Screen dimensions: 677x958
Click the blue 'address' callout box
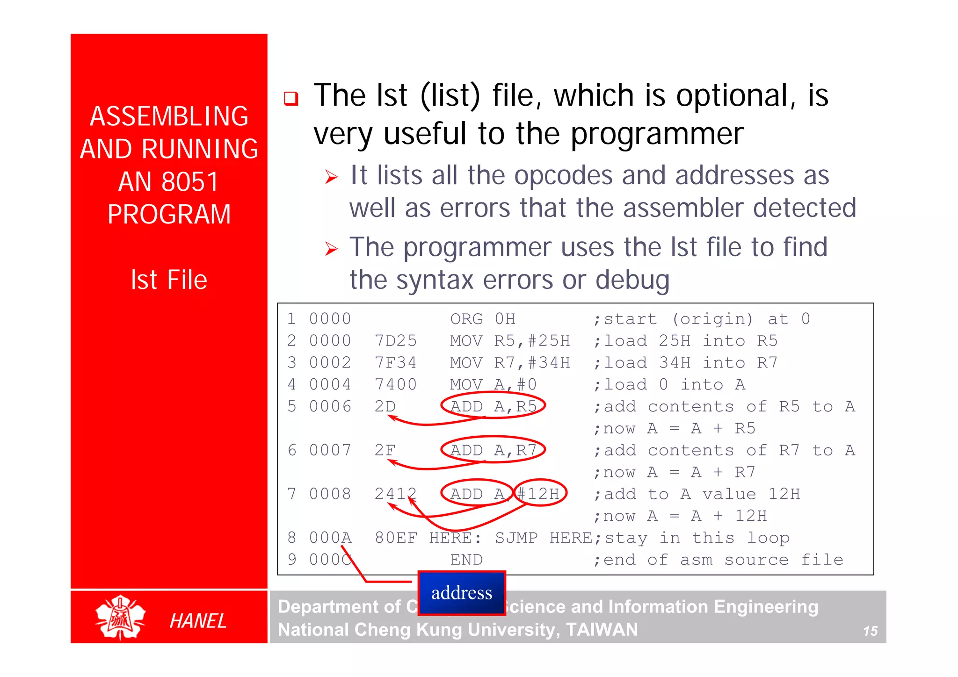click(462, 593)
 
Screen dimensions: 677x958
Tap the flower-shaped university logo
click(120, 617)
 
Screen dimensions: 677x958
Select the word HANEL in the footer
click(198, 621)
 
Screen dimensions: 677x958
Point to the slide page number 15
click(870, 631)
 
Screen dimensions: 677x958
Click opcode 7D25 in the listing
click(395, 341)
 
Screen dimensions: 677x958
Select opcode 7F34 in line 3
click(395, 363)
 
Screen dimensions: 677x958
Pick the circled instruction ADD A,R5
click(493, 406)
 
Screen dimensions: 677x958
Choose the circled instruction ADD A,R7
click(493, 450)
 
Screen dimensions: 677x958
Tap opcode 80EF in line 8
click(395, 538)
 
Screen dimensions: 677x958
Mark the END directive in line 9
click(466, 560)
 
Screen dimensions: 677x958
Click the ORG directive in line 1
click(466, 319)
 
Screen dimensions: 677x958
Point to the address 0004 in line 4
click(330, 384)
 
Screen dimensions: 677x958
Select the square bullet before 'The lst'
click(291, 99)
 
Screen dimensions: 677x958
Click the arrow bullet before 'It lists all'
click(331, 177)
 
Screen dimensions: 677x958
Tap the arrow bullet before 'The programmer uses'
click(331, 249)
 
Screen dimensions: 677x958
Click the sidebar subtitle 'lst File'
click(169, 280)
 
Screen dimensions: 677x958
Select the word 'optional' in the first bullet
click(732, 96)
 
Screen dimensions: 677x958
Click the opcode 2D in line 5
click(385, 406)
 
